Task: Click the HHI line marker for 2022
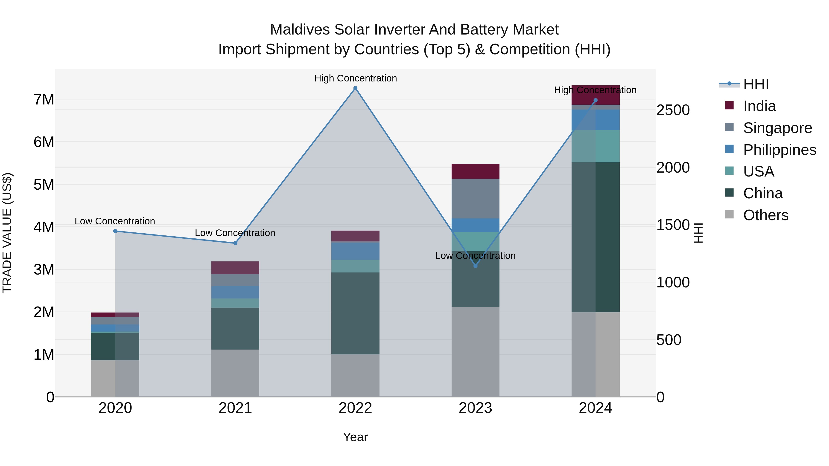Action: (x=355, y=88)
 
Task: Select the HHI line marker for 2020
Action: (x=115, y=231)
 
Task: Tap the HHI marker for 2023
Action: (x=475, y=266)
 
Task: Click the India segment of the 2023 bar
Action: (x=475, y=171)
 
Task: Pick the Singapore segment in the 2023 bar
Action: (x=475, y=198)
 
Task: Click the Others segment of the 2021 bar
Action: (x=235, y=373)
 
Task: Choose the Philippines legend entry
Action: (x=779, y=150)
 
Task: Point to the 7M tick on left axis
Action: (x=44, y=99)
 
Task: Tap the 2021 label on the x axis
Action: (x=235, y=408)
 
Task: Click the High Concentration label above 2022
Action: (x=355, y=78)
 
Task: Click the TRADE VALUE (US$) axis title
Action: (x=7, y=233)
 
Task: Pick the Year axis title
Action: (x=355, y=437)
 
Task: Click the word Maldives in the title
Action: (x=300, y=30)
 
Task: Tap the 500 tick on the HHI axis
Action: (x=669, y=340)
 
